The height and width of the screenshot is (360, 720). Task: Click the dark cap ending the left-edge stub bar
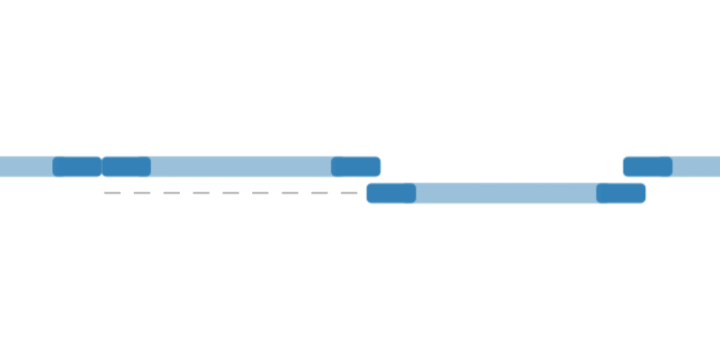pos(76,166)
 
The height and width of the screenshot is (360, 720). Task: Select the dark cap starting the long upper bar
pos(126,166)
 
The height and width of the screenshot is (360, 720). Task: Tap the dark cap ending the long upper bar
pos(355,166)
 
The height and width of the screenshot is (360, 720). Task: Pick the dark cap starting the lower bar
pos(391,193)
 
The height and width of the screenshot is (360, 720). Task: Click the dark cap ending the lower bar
pos(621,193)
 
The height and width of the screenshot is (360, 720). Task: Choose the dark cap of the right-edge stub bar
pos(648,166)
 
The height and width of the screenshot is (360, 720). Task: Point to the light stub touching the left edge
pos(26,166)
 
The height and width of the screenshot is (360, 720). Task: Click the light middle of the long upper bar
pos(241,166)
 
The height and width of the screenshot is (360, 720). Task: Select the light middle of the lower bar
pos(506,193)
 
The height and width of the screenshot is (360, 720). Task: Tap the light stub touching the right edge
pos(697,166)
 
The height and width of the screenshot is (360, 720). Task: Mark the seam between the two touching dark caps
pos(102,166)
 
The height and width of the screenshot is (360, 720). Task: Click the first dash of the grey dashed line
pos(112,193)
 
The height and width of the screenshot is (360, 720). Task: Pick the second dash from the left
pos(142,193)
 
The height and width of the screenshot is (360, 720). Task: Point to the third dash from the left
pos(172,193)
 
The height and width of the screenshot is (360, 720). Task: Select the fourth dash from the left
pos(202,193)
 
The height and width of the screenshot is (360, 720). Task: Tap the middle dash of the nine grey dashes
pos(231,193)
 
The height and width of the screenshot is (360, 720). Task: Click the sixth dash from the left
pos(260,193)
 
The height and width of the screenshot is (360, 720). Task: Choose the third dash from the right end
pos(290,193)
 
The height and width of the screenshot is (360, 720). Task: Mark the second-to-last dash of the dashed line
pos(319,193)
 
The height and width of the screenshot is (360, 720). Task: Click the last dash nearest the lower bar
pos(349,193)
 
